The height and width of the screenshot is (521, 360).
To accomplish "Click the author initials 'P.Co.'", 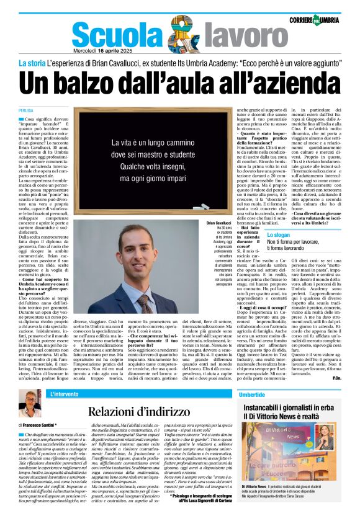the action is pyautogui.click(x=336, y=378).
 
